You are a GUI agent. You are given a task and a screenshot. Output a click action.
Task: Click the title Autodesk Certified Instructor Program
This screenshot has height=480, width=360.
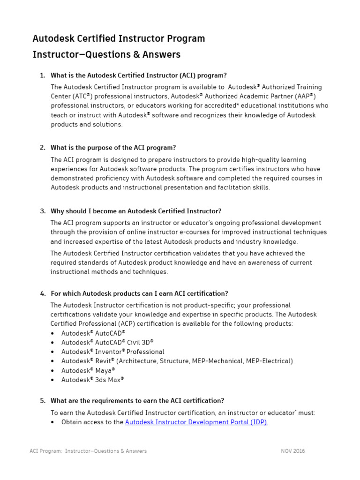tap(119, 38)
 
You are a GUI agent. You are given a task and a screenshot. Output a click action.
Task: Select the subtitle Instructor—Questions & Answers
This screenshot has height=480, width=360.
tap(106, 54)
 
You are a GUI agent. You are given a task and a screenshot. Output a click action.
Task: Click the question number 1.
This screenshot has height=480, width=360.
tap(42, 75)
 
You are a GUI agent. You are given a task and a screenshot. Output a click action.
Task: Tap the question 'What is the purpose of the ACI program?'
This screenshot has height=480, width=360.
tap(113, 148)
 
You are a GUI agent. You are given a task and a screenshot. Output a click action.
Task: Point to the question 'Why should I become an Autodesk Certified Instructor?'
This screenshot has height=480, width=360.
tap(136, 211)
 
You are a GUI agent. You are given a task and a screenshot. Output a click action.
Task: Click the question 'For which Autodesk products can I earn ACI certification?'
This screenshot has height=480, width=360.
tap(139, 293)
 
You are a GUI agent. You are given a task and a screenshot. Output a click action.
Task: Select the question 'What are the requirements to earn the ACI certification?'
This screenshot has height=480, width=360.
tap(137, 401)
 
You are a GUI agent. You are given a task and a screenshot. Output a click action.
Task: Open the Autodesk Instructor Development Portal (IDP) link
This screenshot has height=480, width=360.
tap(196, 422)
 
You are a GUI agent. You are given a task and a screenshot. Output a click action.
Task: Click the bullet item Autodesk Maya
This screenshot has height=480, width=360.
tap(88, 370)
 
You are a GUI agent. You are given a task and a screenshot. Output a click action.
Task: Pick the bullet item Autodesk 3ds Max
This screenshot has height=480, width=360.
tap(92, 380)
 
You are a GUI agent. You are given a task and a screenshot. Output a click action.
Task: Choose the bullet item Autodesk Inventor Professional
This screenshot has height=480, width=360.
tap(112, 352)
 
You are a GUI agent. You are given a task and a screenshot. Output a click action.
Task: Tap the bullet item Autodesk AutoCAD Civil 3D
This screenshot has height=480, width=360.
tap(107, 342)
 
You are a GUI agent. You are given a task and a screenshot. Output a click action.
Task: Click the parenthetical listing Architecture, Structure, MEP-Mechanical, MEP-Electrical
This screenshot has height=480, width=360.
tap(204, 361)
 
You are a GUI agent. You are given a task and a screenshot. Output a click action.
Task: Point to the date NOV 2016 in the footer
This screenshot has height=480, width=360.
tap(292, 451)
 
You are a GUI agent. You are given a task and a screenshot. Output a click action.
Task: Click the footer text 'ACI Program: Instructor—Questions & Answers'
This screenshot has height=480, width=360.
tap(88, 451)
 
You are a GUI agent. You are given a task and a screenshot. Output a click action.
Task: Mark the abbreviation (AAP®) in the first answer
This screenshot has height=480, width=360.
tap(302, 96)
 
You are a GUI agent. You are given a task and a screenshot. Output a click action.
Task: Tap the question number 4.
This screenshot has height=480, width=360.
tap(42, 293)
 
